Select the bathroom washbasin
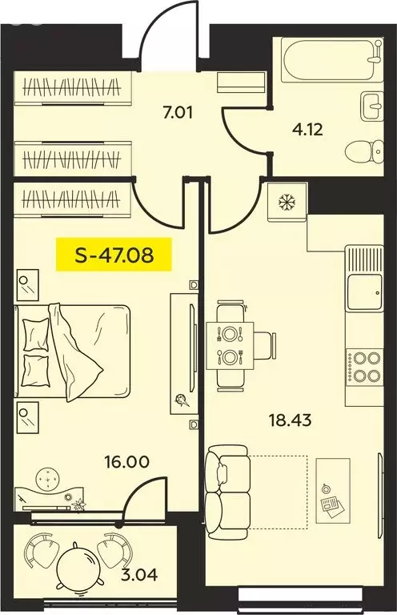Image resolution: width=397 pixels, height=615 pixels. coord(371,104)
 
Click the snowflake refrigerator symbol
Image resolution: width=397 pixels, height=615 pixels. coord(286,201)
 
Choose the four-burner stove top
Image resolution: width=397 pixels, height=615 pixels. coord(363,367)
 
